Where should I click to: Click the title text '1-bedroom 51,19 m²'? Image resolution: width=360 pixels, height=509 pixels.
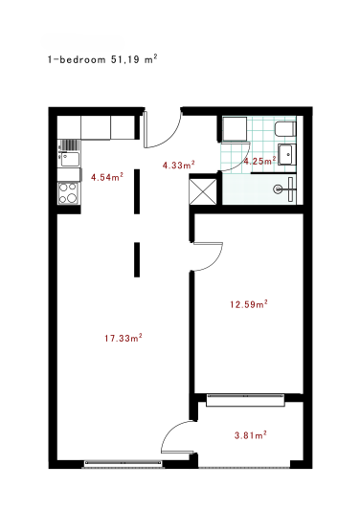[102, 58]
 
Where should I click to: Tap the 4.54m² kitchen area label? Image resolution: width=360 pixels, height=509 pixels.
[106, 177]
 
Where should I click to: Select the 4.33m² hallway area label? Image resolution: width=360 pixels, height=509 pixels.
[179, 166]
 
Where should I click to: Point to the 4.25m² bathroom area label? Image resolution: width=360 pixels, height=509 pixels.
[259, 162]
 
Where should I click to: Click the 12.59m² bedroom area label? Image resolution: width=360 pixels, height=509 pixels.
[248, 305]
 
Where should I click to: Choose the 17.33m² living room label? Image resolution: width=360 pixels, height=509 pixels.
[124, 338]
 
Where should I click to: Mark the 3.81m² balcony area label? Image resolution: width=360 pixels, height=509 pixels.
[250, 435]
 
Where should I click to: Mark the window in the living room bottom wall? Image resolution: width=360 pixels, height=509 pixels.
[125, 464]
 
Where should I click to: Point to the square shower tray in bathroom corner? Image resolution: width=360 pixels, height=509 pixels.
[233, 129]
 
